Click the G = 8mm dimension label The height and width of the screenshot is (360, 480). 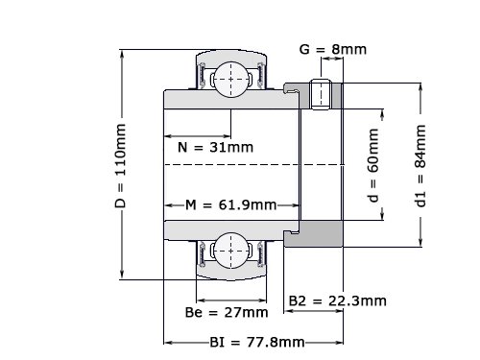pyautogui.click(x=333, y=49)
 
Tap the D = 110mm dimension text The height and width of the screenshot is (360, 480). pyautogui.click(x=121, y=166)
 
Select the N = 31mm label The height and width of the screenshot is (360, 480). pyautogui.click(x=215, y=147)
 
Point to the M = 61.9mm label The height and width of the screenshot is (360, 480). pyautogui.click(x=231, y=204)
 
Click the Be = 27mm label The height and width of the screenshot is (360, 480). pyautogui.click(x=227, y=312)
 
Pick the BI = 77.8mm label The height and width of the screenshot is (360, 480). pyautogui.click(x=257, y=343)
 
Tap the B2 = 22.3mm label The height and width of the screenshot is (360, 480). pyautogui.click(x=338, y=300)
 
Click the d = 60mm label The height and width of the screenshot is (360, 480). pyautogui.click(x=373, y=165)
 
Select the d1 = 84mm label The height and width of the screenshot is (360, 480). pyautogui.click(x=420, y=166)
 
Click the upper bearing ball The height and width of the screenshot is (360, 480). pyautogui.click(x=231, y=80)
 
